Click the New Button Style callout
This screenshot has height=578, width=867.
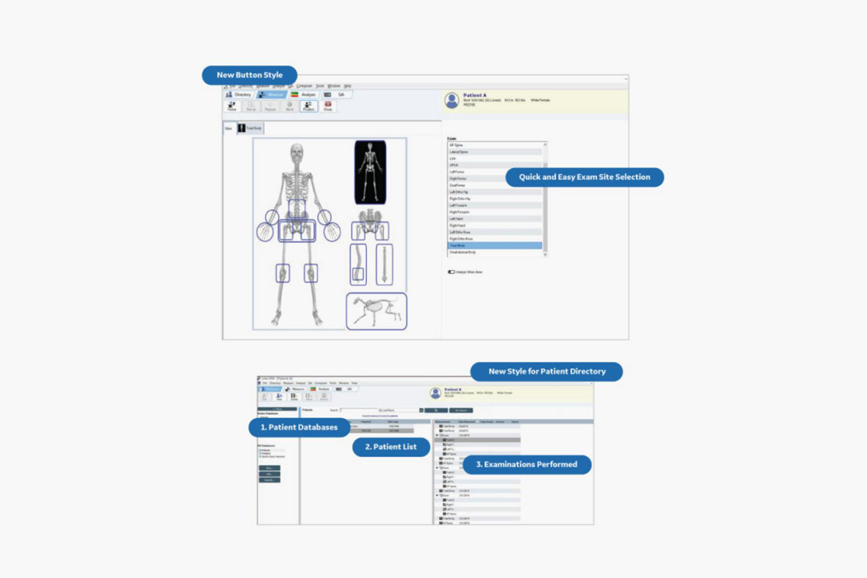[249, 75]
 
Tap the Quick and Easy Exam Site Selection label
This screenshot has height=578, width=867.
[584, 177]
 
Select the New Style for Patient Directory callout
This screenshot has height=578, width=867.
[547, 372]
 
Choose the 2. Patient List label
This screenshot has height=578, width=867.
[392, 447]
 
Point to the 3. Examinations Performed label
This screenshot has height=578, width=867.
[526, 464]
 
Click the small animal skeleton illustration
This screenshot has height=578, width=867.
[376, 311]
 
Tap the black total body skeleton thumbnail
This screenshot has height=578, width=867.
[370, 172]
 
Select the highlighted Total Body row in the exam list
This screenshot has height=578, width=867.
[494, 245]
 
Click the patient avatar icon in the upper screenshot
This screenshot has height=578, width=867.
[452, 100]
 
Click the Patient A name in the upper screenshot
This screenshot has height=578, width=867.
[475, 95]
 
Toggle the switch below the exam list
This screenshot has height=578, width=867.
[451, 272]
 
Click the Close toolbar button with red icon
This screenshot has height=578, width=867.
[328, 106]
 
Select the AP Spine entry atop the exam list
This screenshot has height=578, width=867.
[494, 146]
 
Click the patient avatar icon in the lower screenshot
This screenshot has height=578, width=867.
[435, 393]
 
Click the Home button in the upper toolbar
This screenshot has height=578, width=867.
[232, 106]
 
